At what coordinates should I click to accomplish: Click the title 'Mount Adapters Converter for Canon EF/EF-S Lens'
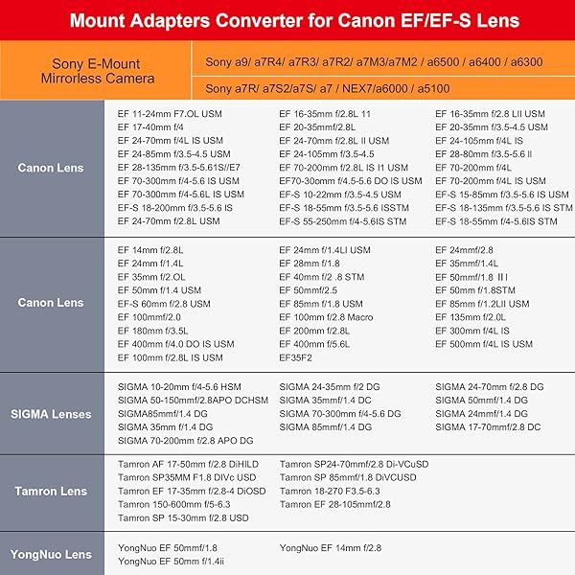click(x=287, y=19)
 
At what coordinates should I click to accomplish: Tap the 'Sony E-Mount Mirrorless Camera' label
click(x=96, y=71)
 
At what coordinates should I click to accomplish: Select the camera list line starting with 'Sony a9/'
click(x=374, y=61)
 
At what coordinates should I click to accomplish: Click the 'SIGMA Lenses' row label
click(x=51, y=414)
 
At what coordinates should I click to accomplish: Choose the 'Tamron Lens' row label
click(x=51, y=491)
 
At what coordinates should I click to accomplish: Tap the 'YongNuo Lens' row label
click(x=51, y=554)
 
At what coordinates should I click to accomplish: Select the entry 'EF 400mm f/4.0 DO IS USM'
click(x=175, y=344)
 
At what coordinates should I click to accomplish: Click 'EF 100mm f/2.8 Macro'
click(x=326, y=317)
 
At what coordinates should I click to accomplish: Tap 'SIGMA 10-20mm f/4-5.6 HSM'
click(x=179, y=386)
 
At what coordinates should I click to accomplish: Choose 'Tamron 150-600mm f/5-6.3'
click(x=174, y=504)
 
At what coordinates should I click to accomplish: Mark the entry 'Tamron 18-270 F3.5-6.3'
click(x=330, y=491)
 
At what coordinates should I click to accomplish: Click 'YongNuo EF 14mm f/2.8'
click(x=331, y=547)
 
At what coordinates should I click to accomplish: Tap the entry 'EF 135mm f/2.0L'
click(x=471, y=317)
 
